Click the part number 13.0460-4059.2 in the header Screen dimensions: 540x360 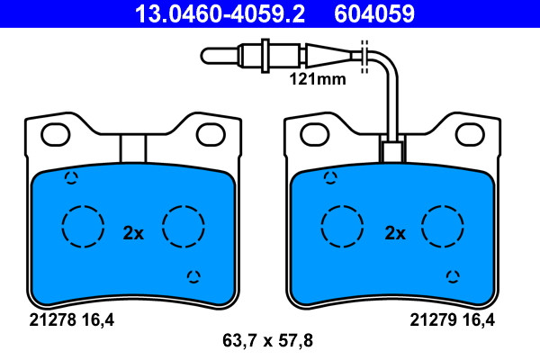coord(220,13)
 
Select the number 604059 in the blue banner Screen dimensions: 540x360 coord(374,13)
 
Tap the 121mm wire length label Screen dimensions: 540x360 coord(318,79)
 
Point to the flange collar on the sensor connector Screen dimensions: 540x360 coord(265,56)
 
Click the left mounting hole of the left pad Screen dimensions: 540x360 coord(56,134)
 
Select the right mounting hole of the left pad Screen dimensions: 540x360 coord(211,134)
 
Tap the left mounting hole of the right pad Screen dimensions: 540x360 coord(314,134)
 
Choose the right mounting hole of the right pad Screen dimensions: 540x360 coord(470,134)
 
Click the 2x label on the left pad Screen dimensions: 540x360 coord(133,233)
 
